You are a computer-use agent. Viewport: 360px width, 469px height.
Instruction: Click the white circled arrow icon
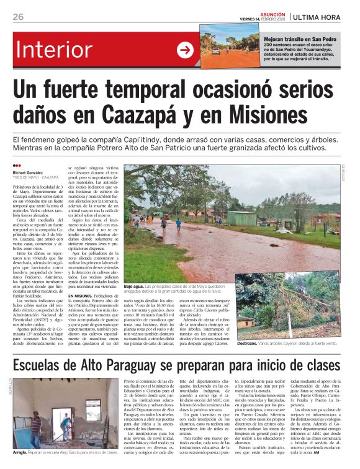pyautogui.click(x=185, y=50)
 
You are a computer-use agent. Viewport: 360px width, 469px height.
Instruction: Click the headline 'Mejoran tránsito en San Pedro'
pyautogui.click(x=300, y=38)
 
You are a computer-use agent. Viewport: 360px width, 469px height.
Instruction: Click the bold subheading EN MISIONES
pyautogui.click(x=81, y=297)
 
